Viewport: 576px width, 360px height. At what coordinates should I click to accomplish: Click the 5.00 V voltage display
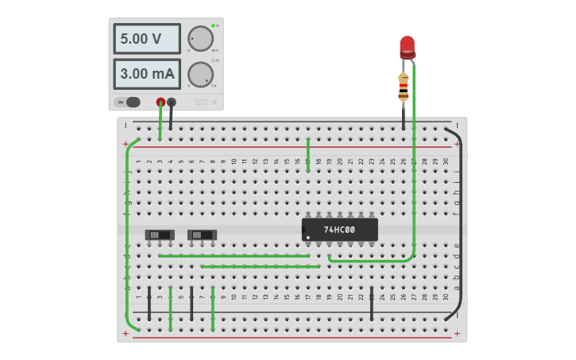[x=147, y=38]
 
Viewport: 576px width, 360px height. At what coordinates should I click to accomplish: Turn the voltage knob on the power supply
[x=200, y=38]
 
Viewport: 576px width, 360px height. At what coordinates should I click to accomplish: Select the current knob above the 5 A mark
[x=200, y=74]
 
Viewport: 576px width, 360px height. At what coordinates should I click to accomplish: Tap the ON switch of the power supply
[x=128, y=102]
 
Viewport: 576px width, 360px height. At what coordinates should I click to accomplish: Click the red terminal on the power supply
[x=160, y=102]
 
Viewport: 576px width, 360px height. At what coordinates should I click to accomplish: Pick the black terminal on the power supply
[x=172, y=102]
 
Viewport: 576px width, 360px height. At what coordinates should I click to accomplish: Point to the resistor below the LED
[x=404, y=86]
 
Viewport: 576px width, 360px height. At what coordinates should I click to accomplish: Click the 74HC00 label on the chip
[x=339, y=230]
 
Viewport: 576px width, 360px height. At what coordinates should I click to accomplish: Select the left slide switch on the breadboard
[x=160, y=234]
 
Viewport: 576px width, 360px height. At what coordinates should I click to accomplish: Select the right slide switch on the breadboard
[x=202, y=234]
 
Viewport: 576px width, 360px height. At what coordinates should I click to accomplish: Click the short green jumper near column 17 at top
[x=308, y=155]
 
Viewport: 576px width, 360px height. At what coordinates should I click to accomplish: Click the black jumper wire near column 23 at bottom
[x=372, y=304]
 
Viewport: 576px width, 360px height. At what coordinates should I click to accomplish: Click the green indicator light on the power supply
[x=214, y=25]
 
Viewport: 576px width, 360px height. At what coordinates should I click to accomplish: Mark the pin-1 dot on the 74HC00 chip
[x=308, y=237]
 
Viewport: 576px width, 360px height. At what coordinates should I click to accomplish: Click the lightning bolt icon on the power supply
[x=213, y=102]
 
